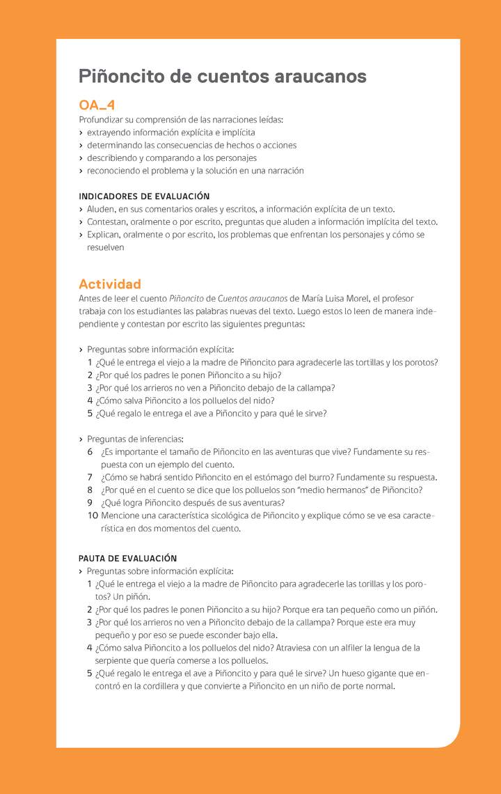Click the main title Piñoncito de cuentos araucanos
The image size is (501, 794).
[x=222, y=76]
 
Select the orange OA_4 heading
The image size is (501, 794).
[x=97, y=105]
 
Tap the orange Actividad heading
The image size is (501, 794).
[x=110, y=284]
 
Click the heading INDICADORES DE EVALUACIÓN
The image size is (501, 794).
[x=144, y=196]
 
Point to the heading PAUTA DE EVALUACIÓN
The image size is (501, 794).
[x=127, y=558]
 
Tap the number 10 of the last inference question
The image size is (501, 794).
[x=93, y=516]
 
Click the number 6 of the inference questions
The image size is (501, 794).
[x=90, y=452]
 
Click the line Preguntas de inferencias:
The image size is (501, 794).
[x=135, y=439]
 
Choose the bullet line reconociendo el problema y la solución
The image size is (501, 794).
[x=195, y=171]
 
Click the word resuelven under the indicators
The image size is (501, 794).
[x=106, y=247]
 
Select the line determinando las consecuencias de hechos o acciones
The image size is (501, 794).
[x=191, y=146]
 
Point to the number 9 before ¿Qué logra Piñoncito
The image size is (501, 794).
[x=90, y=503]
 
